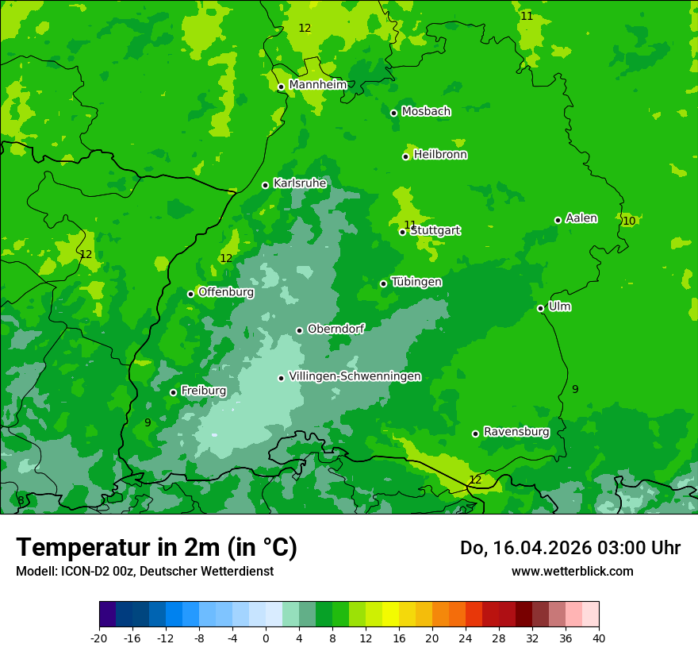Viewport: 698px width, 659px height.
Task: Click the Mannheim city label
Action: point(317,85)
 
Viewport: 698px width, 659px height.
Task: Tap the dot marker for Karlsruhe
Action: point(265,185)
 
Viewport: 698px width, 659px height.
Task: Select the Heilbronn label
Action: point(440,155)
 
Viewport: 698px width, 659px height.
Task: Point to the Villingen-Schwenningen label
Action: point(355,376)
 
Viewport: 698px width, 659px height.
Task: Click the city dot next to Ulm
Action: point(540,308)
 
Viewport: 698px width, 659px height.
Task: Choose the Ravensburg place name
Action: point(516,432)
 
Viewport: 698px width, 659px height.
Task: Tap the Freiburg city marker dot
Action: point(173,392)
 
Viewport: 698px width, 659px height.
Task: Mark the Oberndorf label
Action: point(336,329)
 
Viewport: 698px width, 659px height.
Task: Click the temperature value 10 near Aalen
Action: point(628,221)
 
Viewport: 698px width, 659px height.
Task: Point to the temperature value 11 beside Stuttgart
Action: point(410,225)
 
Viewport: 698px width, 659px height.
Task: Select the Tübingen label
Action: point(416,282)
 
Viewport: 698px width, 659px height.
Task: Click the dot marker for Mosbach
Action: point(393,113)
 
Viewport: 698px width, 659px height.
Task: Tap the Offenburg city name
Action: point(226,292)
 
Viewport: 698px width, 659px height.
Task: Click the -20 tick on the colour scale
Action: point(99,638)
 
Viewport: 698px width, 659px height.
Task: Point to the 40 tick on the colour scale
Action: point(598,638)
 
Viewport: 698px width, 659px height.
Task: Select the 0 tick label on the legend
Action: point(266,638)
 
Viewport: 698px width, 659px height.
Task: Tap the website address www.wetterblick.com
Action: point(572,571)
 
